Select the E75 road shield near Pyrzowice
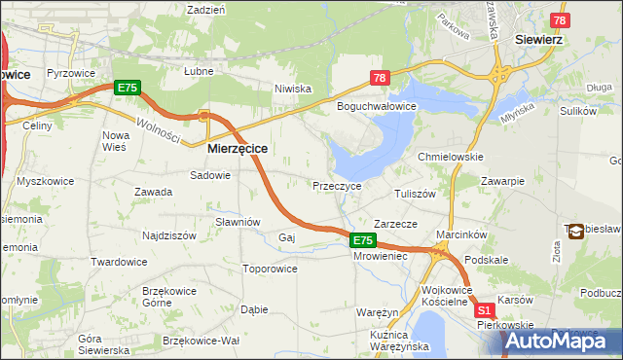coord(128,88)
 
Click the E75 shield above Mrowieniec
coord(362,239)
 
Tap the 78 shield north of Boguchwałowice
coord(380,78)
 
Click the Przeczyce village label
coord(337,185)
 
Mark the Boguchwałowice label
coord(377,105)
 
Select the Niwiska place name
coord(292,89)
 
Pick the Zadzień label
coord(205,9)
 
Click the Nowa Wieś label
coord(115,141)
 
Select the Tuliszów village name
coord(414,194)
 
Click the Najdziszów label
coord(171,235)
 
